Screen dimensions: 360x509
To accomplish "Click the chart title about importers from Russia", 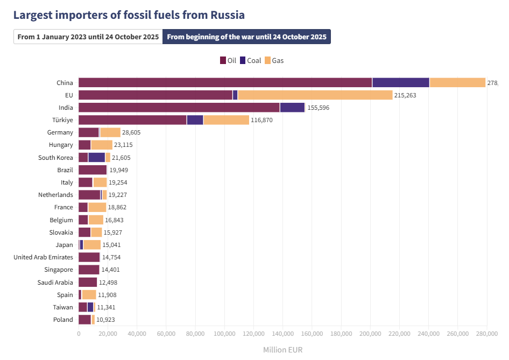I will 129,15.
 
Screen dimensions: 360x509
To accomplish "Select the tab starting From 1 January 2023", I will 88,37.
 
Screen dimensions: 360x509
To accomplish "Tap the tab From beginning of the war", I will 246,37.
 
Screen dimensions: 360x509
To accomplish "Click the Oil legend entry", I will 228,60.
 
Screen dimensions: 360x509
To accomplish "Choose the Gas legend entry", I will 274,60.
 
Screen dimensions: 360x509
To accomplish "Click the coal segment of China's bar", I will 400,82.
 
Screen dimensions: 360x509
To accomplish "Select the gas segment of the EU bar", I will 315,95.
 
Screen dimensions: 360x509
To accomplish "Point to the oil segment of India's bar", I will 179,108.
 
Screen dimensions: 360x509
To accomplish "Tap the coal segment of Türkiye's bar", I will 195,120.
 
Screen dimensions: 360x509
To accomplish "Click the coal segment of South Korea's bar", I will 96,157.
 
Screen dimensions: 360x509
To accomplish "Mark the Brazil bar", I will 93,170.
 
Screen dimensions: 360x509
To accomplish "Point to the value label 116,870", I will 263,120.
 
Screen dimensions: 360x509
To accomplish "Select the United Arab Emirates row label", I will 43,257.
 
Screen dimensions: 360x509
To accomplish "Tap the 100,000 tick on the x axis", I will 224,334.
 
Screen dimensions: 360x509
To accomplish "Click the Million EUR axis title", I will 282,350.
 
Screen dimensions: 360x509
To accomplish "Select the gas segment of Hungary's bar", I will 102,145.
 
